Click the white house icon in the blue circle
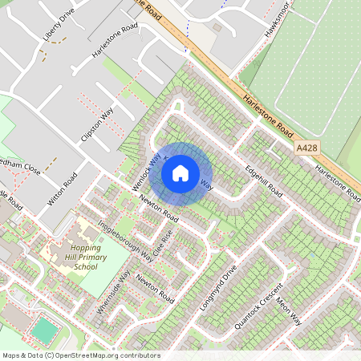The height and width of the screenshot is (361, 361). coord(180,172)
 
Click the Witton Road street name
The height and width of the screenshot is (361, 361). coord(62,189)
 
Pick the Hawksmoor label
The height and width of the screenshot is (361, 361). coord(276,24)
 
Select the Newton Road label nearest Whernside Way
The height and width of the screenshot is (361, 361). coord(155,287)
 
